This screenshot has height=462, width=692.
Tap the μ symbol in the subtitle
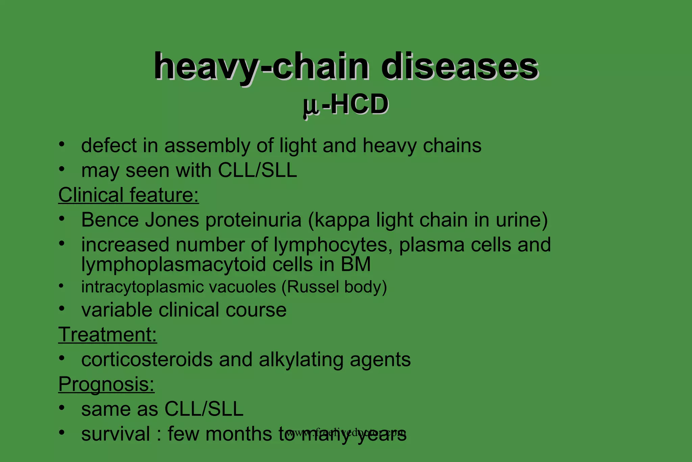[310, 106]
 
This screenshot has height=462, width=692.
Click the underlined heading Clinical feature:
[128, 195]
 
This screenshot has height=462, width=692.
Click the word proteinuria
[253, 220]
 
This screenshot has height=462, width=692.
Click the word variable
[117, 310]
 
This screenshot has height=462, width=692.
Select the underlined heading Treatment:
[107, 335]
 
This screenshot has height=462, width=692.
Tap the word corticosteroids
[147, 360]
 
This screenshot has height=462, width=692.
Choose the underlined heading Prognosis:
[106, 385]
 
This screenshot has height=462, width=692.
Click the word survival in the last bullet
[116, 434]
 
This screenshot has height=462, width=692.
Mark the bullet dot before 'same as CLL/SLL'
[61, 408]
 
